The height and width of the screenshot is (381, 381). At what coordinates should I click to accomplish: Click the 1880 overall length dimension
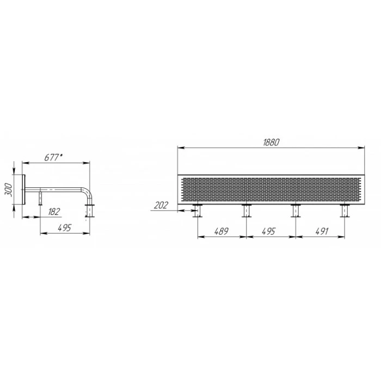(271, 143)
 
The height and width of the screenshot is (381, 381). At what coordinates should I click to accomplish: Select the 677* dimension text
(53, 157)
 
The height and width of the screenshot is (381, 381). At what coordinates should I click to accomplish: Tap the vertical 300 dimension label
(9, 190)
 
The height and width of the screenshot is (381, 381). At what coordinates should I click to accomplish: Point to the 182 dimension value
(54, 212)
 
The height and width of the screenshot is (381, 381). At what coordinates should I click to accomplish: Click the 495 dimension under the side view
(65, 228)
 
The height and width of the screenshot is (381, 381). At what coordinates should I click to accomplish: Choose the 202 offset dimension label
(161, 206)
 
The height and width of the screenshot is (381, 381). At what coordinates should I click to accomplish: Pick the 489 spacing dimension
(221, 231)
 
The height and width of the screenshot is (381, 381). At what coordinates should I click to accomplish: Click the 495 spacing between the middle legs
(268, 231)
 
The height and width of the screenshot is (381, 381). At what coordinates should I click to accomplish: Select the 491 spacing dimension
(322, 231)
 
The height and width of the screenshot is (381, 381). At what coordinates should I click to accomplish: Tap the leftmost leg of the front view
(197, 211)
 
